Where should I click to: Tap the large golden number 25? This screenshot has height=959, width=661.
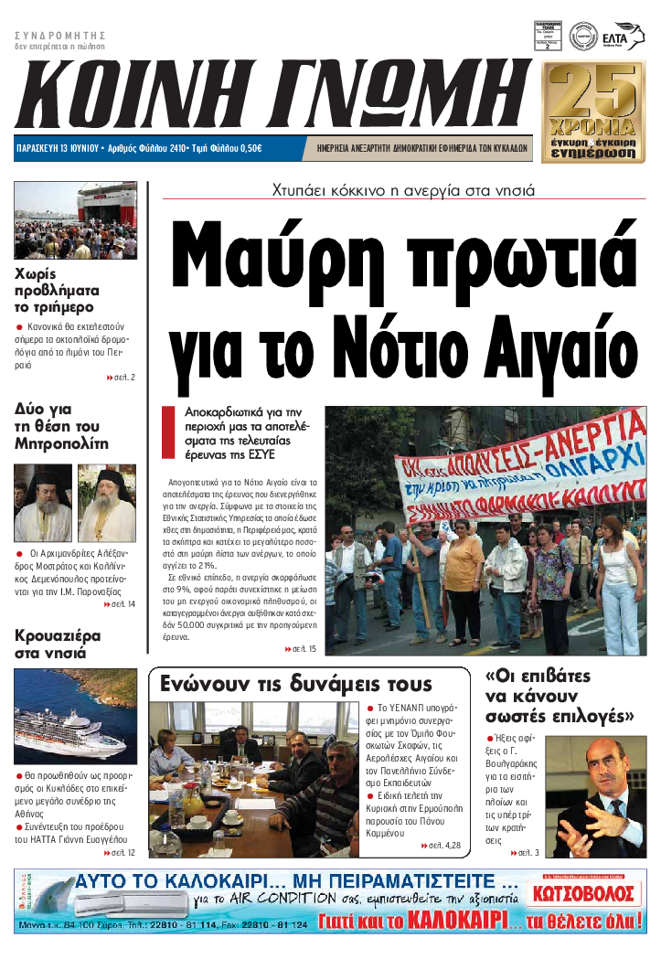click(x=598, y=91)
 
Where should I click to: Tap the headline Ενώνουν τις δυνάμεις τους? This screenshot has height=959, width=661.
click(x=296, y=685)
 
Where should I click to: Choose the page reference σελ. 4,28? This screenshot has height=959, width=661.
click(x=442, y=846)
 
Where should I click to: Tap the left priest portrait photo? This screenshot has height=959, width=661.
click(x=42, y=503)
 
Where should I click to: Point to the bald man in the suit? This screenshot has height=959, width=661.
click(x=599, y=795)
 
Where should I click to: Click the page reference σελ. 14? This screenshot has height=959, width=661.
click(x=120, y=604)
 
